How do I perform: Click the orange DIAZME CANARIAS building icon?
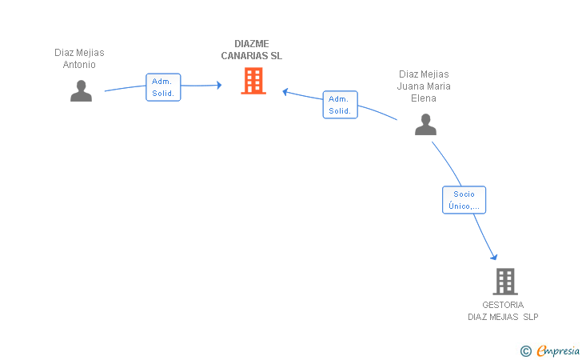click(x=253, y=81)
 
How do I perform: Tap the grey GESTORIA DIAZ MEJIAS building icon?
click(x=505, y=282)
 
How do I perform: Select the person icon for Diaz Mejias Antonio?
click(x=81, y=90)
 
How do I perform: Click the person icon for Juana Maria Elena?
click(x=425, y=125)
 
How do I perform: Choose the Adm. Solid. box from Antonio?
click(x=163, y=87)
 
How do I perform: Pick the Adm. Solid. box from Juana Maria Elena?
click(x=340, y=105)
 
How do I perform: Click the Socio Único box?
click(x=464, y=200)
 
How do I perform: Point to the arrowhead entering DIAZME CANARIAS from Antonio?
click(x=219, y=85)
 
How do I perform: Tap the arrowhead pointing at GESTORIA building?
click(x=494, y=257)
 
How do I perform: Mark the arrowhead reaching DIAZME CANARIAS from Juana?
click(x=285, y=91)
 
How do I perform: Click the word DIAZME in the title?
click(x=252, y=44)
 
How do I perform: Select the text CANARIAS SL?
click(x=252, y=56)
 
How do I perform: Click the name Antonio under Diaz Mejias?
click(x=79, y=65)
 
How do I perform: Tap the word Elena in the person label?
click(x=424, y=98)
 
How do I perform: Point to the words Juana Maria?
click(x=424, y=86)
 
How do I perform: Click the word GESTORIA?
click(x=503, y=305)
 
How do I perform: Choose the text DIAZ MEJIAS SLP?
click(x=503, y=317)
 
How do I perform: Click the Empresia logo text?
click(x=558, y=350)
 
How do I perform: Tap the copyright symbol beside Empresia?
click(x=526, y=351)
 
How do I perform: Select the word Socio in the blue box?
click(x=464, y=194)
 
